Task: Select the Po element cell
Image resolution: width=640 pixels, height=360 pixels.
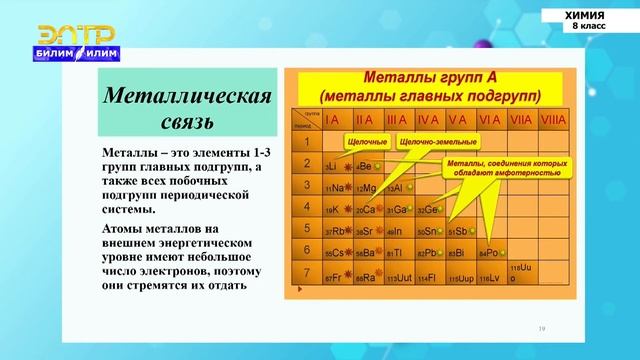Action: pos(490,254)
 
